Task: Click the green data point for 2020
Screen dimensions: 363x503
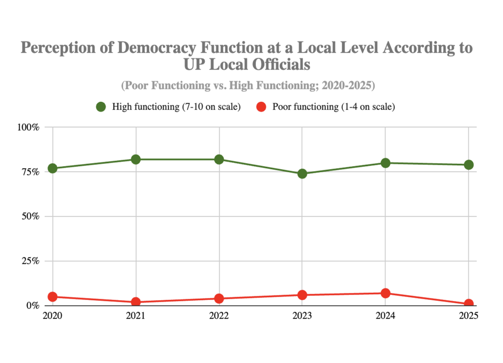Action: [53, 168]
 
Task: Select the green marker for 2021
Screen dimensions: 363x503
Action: [136, 159]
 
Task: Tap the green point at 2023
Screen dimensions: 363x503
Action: [302, 174]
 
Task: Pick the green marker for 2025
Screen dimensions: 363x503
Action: [469, 165]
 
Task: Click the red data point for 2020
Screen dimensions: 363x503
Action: [53, 297]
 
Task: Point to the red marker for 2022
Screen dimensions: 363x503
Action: [219, 299]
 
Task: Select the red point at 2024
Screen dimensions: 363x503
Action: [386, 293]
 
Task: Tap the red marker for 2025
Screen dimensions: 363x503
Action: [469, 304]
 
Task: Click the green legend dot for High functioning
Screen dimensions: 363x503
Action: [101, 107]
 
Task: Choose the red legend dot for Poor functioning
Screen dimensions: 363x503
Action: [262, 107]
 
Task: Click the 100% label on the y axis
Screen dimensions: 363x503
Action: [28, 127]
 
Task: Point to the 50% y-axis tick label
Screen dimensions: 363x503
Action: [30, 216]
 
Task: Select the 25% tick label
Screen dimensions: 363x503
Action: [30, 261]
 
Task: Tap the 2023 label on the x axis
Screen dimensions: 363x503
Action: [302, 315]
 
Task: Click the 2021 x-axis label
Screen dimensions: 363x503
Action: [136, 315]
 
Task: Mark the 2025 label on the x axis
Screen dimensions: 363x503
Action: [469, 315]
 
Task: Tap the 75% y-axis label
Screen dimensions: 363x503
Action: [30, 172]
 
